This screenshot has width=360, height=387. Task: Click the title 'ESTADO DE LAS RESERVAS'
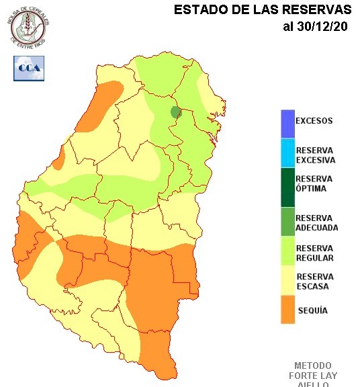(263, 10)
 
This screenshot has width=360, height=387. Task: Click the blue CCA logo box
(29, 68)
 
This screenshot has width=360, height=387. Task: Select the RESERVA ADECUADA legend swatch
(287, 222)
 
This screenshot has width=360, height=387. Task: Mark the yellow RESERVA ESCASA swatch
(287, 282)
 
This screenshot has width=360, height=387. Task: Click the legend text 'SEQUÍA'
(312, 310)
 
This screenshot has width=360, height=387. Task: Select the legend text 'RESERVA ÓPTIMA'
(314, 183)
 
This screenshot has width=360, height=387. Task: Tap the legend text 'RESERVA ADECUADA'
(316, 222)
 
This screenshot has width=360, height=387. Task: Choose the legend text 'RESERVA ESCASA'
(314, 282)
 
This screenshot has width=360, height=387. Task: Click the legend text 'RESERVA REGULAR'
(314, 253)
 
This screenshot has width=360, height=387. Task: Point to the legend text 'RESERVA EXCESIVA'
(315, 155)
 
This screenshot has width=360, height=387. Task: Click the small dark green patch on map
(176, 112)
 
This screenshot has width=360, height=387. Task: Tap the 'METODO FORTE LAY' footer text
(313, 370)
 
